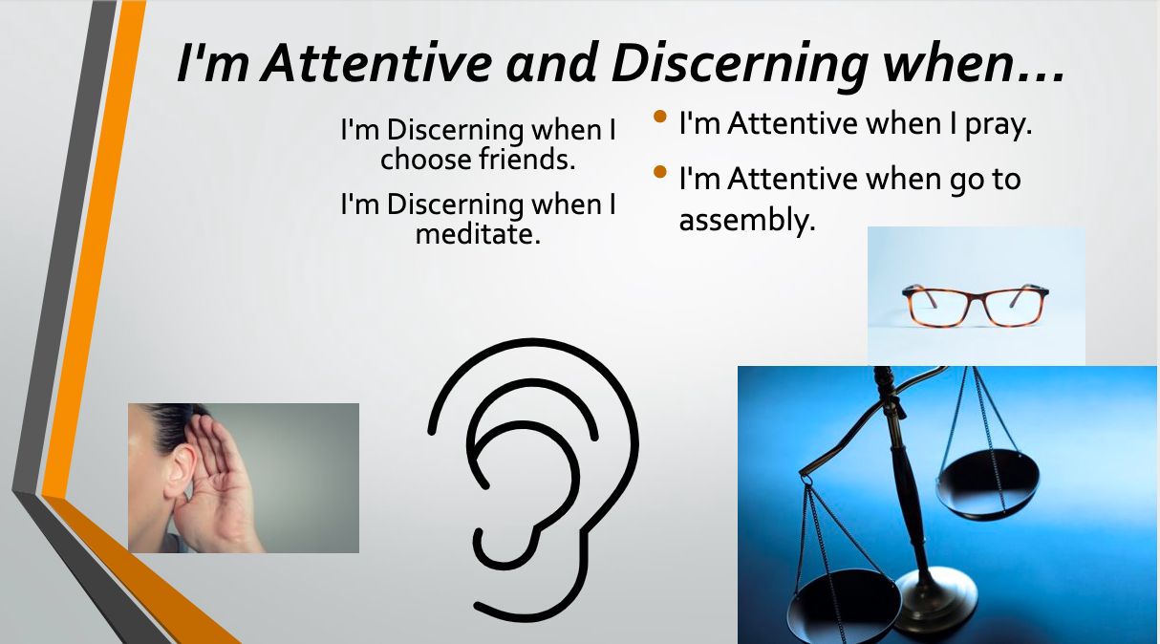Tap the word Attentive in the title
376,63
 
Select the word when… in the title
974,63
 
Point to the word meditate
478,234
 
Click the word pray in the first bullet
999,125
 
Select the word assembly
747,221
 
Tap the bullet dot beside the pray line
659,116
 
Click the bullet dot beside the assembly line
659,171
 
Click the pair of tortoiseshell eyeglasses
976,306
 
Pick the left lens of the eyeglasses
940,308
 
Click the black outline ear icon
533,480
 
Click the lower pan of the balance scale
843,606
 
